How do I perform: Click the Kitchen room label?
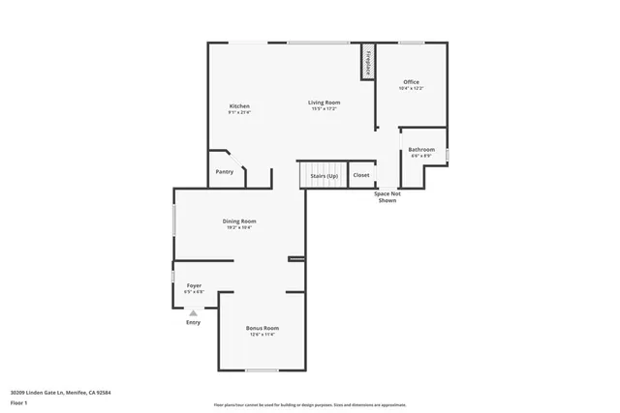tap(239, 105)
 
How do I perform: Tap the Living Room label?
tap(325, 102)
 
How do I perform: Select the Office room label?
tap(411, 82)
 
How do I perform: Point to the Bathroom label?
tap(421, 149)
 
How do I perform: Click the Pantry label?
tap(224, 172)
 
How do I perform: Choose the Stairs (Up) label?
tap(324, 175)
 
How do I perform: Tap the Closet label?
tap(360, 175)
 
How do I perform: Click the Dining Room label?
tap(239, 221)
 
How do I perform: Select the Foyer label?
tap(194, 285)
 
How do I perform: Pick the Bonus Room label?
tap(263, 328)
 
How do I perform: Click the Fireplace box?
tap(368, 61)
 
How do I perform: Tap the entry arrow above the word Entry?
tap(194, 312)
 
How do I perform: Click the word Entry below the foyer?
tap(194, 322)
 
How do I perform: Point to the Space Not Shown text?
tap(387, 197)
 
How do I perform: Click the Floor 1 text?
tap(18, 402)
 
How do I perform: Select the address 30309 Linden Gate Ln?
tap(39, 392)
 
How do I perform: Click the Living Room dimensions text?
tap(325, 108)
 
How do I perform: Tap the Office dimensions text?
tap(411, 89)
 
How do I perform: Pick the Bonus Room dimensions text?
tap(263, 335)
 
